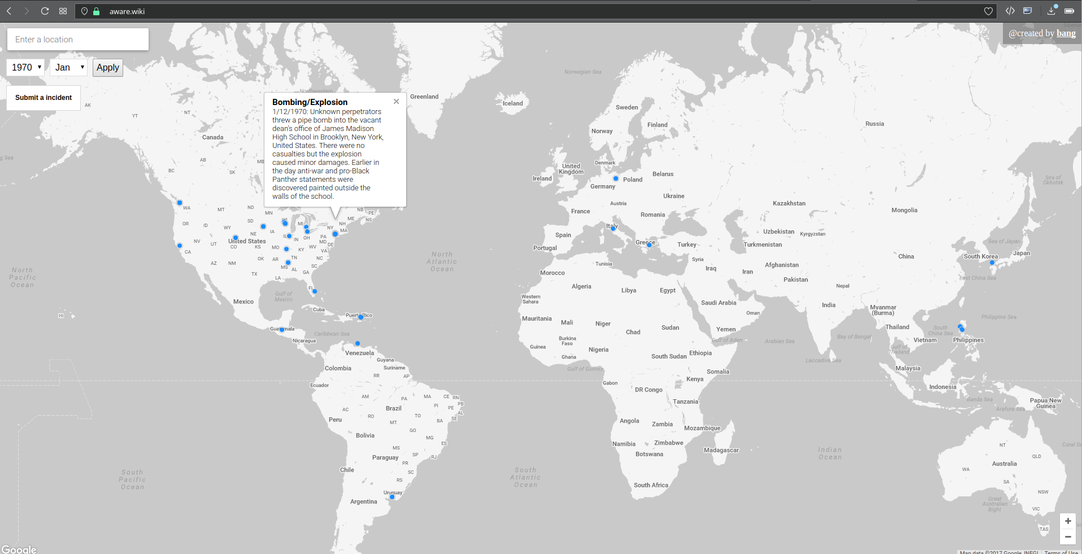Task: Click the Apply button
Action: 107,68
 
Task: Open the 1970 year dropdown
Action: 25,68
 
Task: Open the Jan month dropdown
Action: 69,68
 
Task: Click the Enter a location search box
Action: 78,40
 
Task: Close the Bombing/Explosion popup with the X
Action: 396,102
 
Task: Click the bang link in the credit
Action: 1066,33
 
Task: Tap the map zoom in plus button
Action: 1067,521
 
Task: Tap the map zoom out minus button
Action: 1067,537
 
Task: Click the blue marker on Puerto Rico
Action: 361,317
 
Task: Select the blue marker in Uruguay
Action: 392,497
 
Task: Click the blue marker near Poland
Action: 616,178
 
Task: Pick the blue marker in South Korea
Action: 992,263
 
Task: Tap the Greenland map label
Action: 424,97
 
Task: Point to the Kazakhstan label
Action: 789,203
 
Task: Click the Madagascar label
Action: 721,450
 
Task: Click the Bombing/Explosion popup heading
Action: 310,102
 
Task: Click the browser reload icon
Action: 45,11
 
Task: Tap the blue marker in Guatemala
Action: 282,330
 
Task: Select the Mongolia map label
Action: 904,210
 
